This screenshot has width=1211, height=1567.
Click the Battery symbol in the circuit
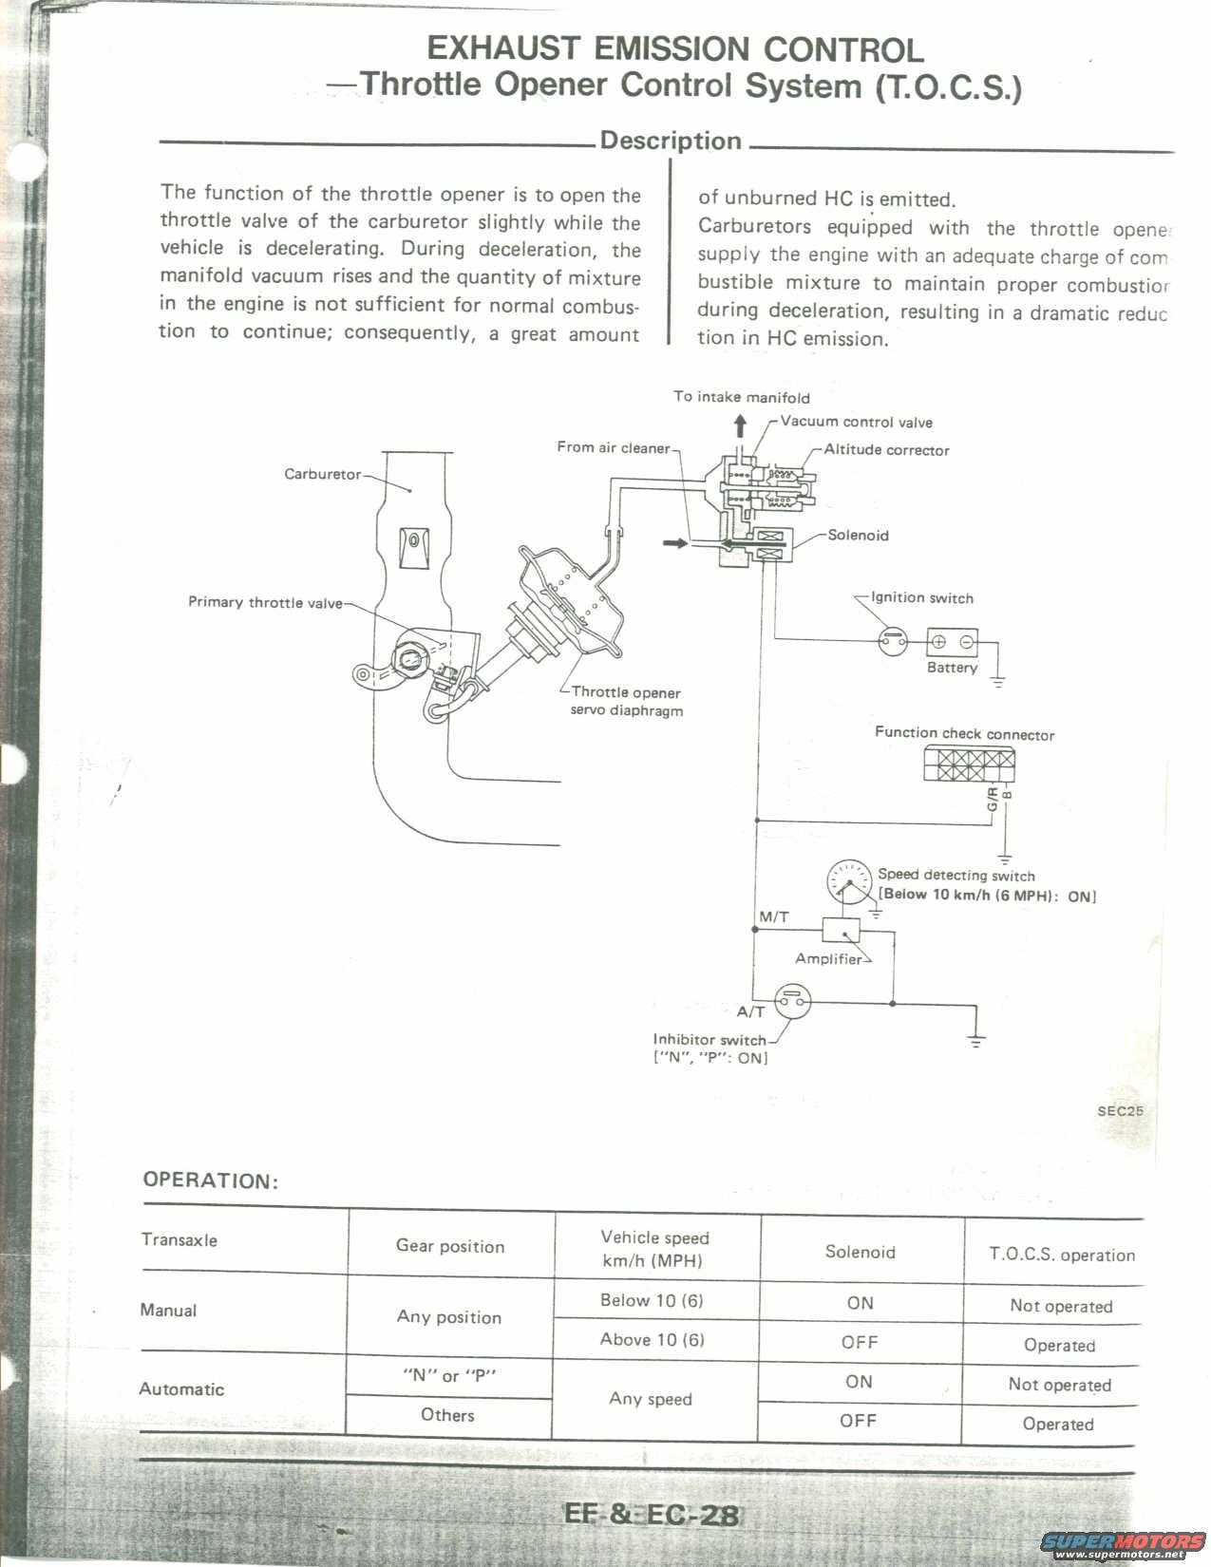[x=952, y=642]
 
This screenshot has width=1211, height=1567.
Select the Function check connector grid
[x=969, y=764]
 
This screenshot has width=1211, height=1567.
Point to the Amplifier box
[x=841, y=930]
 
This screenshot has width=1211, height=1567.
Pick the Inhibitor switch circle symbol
[x=794, y=1001]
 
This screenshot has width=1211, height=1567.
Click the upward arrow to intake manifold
[x=741, y=424]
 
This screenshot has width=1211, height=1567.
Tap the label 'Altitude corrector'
[x=886, y=450]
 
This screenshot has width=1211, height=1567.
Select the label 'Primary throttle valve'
[x=265, y=602]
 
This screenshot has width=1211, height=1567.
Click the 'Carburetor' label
[x=323, y=474]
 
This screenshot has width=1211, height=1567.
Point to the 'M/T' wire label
[x=774, y=916]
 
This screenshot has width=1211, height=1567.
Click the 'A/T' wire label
[x=750, y=1011]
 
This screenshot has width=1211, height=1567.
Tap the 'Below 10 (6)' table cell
[x=652, y=1300]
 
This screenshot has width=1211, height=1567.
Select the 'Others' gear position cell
[x=447, y=1415]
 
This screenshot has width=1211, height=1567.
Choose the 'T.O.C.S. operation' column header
[x=1061, y=1255]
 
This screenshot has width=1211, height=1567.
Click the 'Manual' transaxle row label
[x=168, y=1311]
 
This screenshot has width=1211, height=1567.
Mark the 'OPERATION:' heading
[x=210, y=1180]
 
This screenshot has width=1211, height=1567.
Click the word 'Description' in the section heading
[x=671, y=141]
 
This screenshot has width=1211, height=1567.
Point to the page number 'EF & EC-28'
[x=652, y=1513]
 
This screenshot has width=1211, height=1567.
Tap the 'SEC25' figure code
[x=1121, y=1110]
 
